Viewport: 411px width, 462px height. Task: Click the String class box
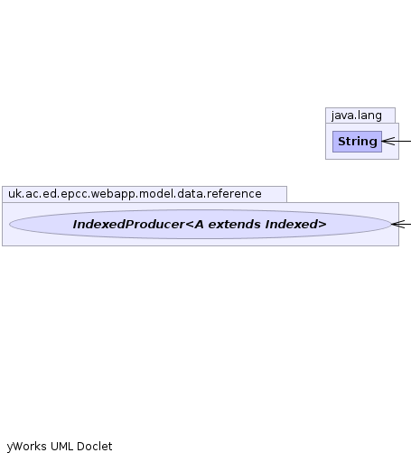point(357,142)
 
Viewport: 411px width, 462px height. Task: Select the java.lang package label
point(357,115)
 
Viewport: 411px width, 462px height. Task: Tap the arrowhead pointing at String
point(388,141)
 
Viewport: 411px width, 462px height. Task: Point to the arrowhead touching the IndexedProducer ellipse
point(398,224)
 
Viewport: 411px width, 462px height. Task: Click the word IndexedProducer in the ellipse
point(128,225)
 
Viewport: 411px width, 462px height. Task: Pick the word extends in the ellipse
point(234,225)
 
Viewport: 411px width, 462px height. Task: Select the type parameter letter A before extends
point(200,225)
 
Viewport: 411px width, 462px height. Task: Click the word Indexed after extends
point(292,225)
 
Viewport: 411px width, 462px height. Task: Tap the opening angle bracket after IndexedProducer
point(190,225)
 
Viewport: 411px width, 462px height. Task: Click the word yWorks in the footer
point(27,447)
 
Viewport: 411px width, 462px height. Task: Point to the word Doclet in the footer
point(95,446)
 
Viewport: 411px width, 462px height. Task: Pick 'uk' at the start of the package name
point(14,194)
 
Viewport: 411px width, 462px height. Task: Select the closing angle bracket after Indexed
point(322,225)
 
